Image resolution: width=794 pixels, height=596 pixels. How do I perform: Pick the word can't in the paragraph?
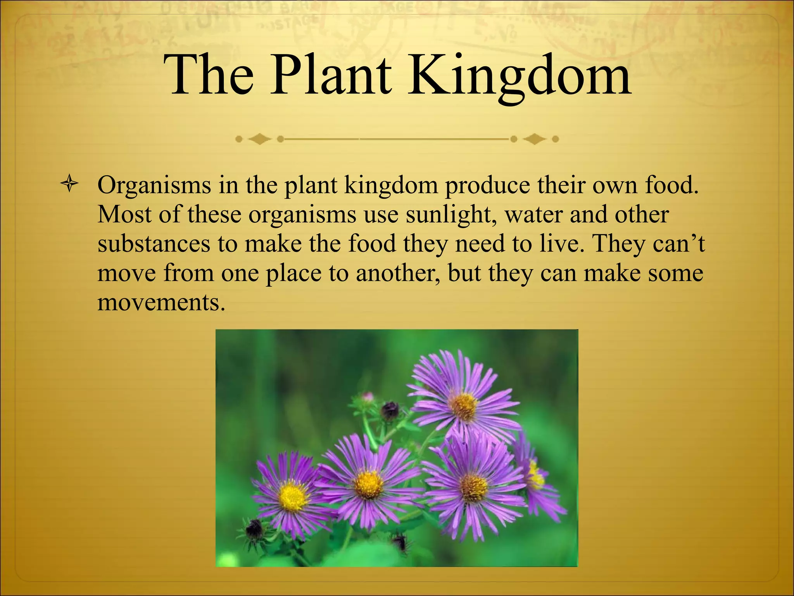pos(679,244)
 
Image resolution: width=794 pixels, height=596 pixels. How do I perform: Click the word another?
pos(398,273)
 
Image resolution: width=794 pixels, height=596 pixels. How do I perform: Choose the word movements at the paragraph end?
pos(161,303)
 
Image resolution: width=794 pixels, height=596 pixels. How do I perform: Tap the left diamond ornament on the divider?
pos(259,139)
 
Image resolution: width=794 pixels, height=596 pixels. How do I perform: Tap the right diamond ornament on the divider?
pos(535,139)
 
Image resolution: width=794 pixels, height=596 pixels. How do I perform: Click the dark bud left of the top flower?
pos(389,410)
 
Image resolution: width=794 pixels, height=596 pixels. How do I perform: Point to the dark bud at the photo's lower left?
pos(254,528)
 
